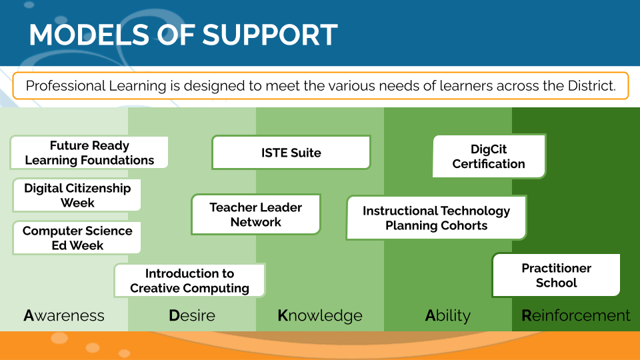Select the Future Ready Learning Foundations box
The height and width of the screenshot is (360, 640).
[89, 153]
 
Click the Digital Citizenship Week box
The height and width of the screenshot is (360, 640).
[77, 195]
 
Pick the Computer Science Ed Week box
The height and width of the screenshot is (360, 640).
[77, 238]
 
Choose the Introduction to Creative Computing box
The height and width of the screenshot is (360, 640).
[189, 281]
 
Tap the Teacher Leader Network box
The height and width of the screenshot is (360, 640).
[256, 215]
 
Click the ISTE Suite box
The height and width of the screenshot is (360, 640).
[291, 153]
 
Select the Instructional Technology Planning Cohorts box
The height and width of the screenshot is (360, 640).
[436, 218]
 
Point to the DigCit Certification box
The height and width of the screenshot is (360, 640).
[489, 157]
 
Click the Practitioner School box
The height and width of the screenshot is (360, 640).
[556, 275]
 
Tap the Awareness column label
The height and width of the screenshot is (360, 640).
[64, 315]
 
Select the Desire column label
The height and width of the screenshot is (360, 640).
[192, 315]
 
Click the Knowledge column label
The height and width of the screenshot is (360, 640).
[320, 315]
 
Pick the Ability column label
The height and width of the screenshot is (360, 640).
[448, 315]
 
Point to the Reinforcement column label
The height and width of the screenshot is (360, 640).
[576, 315]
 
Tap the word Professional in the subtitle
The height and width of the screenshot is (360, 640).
[65, 86]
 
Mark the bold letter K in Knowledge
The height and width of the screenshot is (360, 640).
[283, 315]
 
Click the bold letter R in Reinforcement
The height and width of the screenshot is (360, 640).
[527, 315]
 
